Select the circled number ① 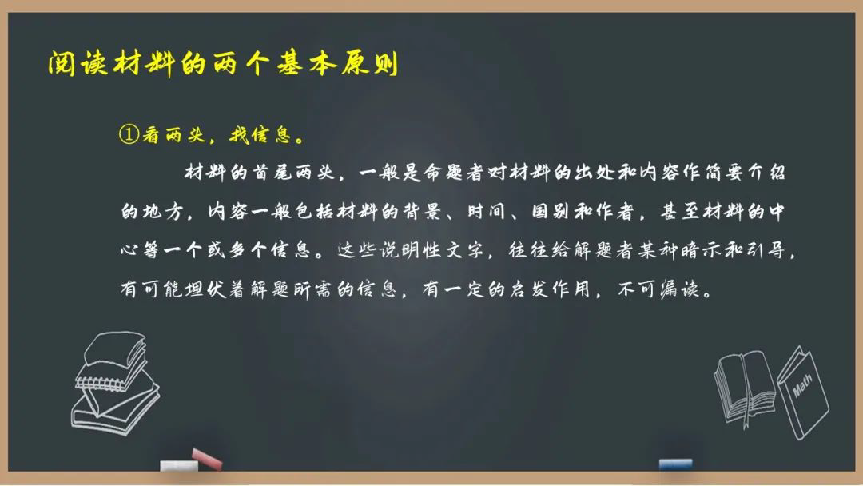coord(129,134)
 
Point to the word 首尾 coord(272,173)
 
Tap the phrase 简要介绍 coord(745,173)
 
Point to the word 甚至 coord(680,211)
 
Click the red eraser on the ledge coord(206,460)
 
